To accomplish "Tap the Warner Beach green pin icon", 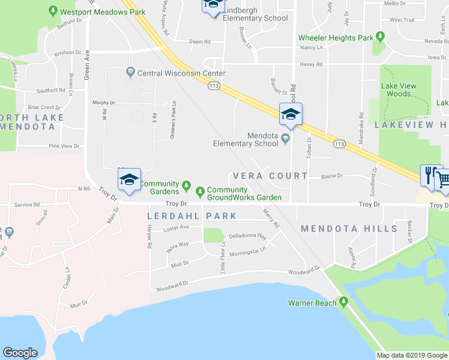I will (x=343, y=301).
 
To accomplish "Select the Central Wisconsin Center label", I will (x=181, y=73).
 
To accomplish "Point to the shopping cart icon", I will (x=442, y=179).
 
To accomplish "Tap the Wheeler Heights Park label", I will (x=336, y=38).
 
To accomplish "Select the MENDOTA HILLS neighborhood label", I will (x=349, y=229).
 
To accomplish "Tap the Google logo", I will (x=20, y=353).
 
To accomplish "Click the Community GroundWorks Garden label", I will (x=244, y=194).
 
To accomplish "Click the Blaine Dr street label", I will (x=331, y=176).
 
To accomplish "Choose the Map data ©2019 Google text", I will (x=412, y=355).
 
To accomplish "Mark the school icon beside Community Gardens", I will (x=129, y=179).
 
